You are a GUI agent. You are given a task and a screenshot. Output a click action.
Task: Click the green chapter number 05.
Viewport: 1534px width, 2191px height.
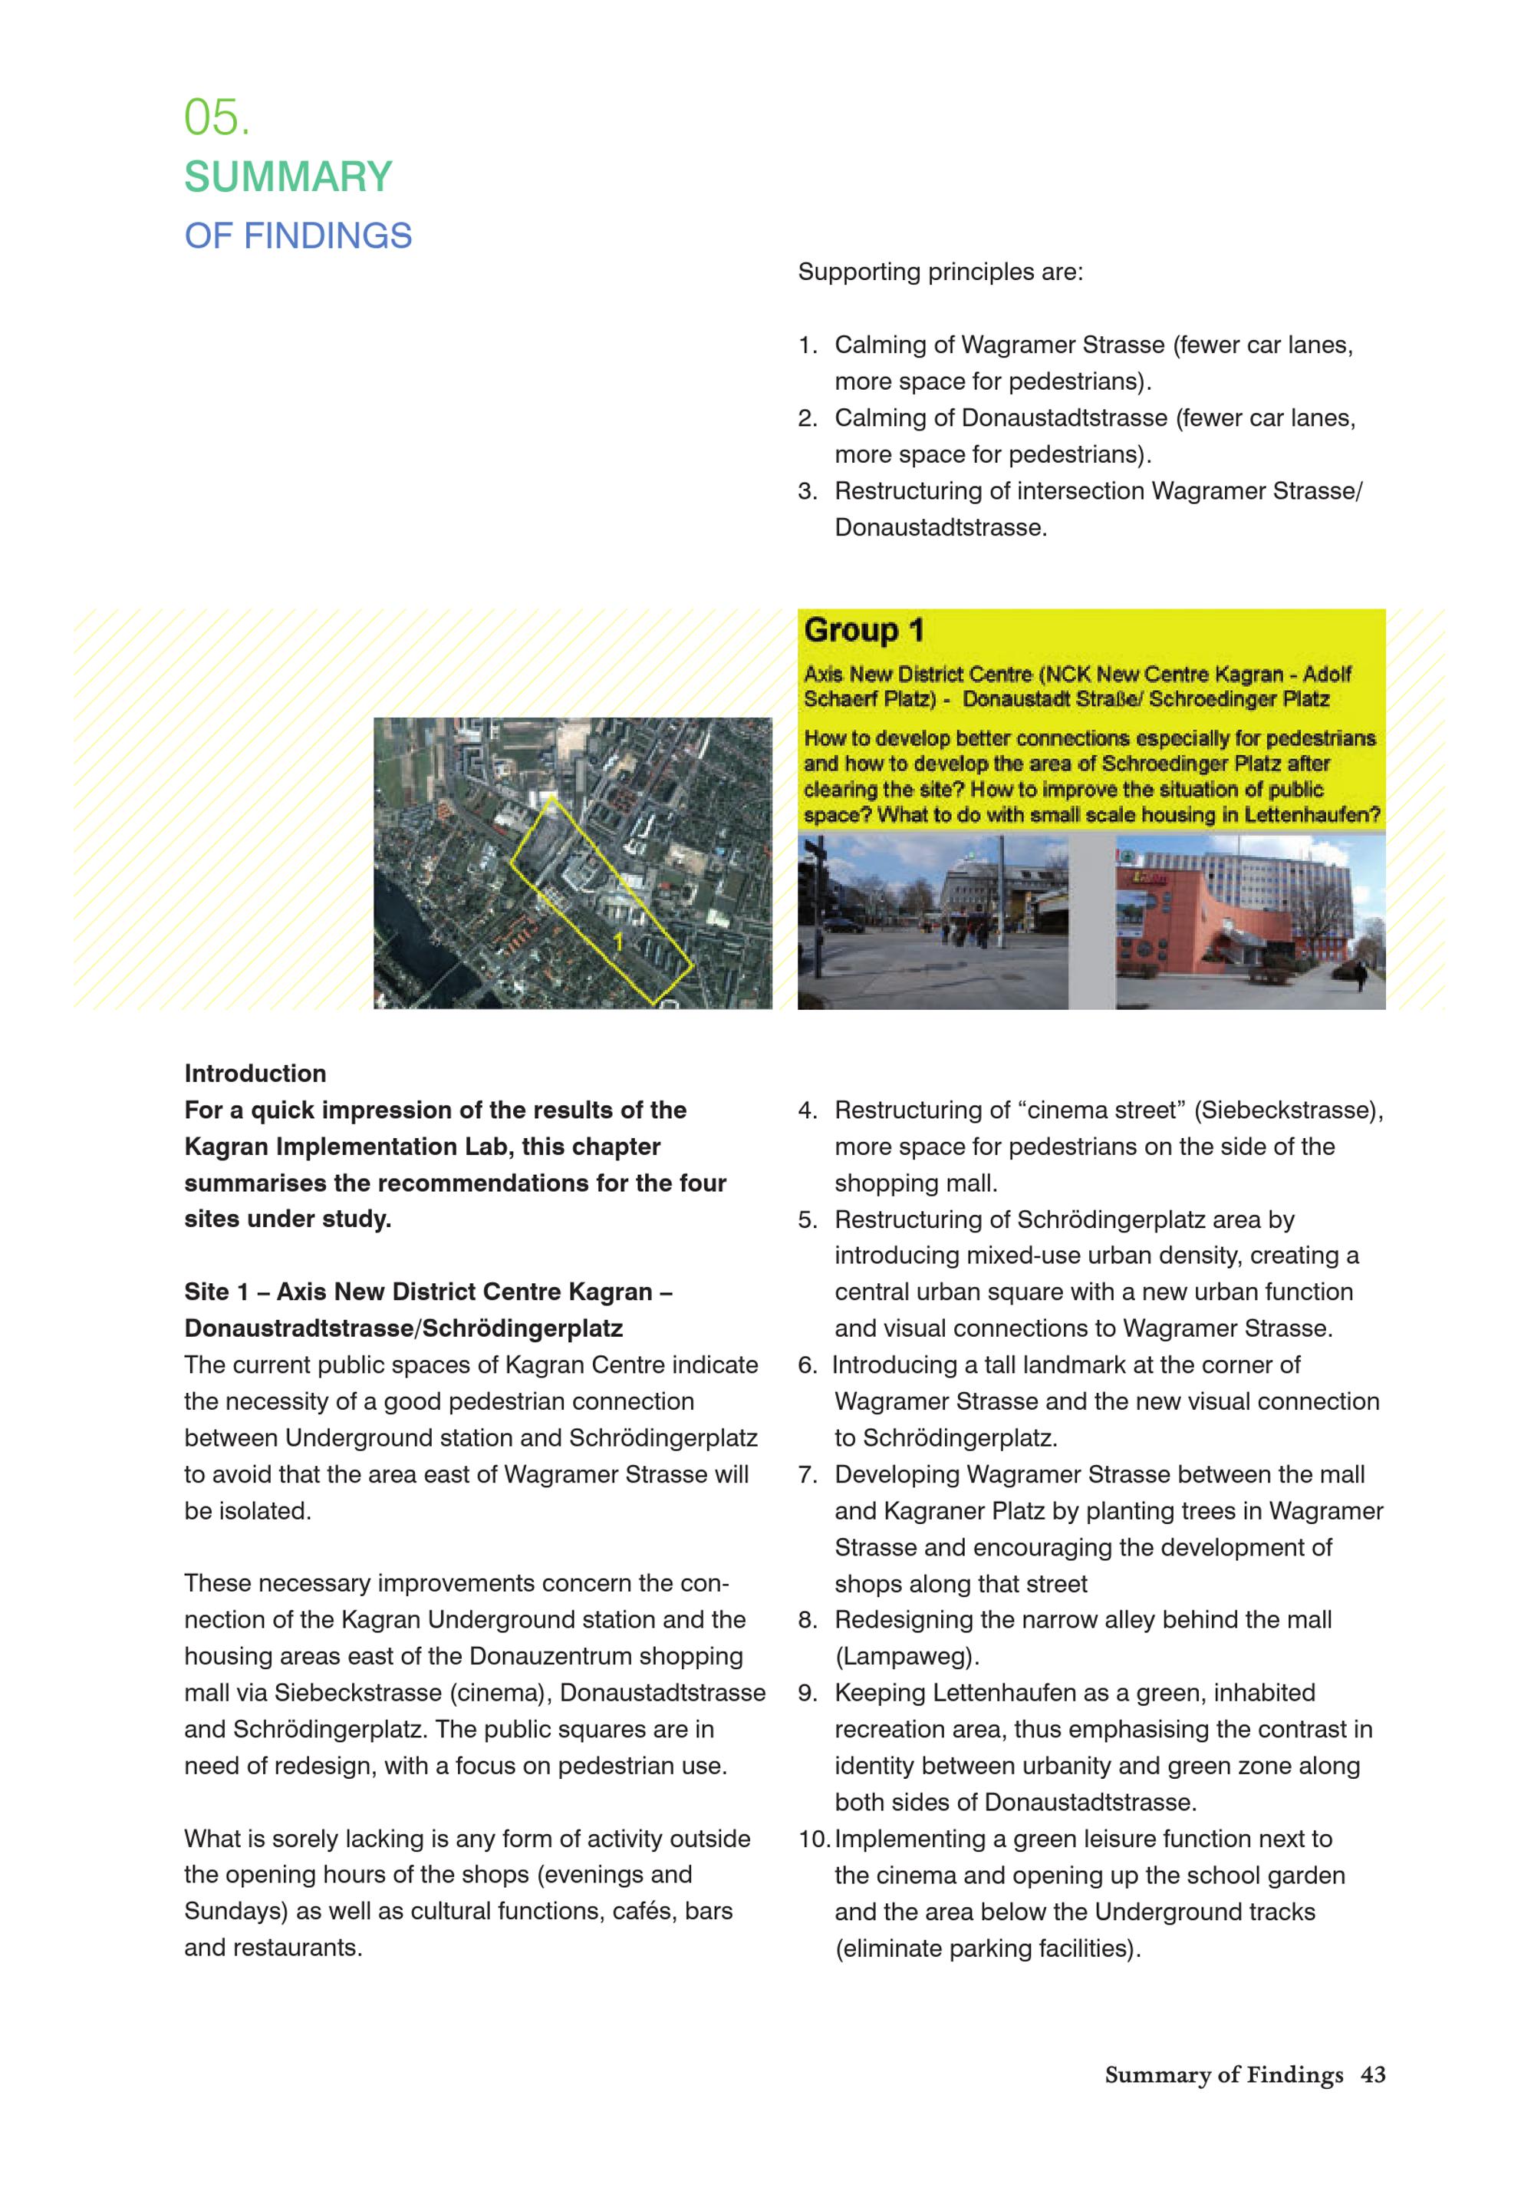pos(216,118)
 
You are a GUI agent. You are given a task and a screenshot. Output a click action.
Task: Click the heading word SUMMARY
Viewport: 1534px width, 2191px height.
pos(288,177)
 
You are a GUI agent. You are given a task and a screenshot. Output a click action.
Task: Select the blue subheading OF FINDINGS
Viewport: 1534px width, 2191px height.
pos(298,236)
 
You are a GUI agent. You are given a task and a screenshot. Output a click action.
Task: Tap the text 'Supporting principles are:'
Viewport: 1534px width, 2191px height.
pos(940,272)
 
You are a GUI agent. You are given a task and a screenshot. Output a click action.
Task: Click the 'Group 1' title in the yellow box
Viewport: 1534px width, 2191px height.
pos(864,631)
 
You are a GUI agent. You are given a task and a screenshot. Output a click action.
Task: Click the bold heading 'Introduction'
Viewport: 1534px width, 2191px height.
pos(255,1074)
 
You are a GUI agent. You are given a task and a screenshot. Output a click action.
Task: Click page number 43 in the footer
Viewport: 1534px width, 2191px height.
pos(1372,2074)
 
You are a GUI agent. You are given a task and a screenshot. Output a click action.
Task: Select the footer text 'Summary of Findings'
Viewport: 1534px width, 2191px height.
pos(1223,2074)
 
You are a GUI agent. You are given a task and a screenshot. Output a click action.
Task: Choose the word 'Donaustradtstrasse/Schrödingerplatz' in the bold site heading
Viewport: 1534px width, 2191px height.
pos(403,1328)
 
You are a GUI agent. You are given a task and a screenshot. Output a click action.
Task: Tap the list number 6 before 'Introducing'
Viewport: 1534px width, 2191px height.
pos(807,1364)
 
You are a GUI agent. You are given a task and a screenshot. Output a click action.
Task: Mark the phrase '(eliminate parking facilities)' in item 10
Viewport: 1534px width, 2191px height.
pos(987,1948)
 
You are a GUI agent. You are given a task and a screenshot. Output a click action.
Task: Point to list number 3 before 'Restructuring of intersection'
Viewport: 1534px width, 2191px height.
pos(807,491)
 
